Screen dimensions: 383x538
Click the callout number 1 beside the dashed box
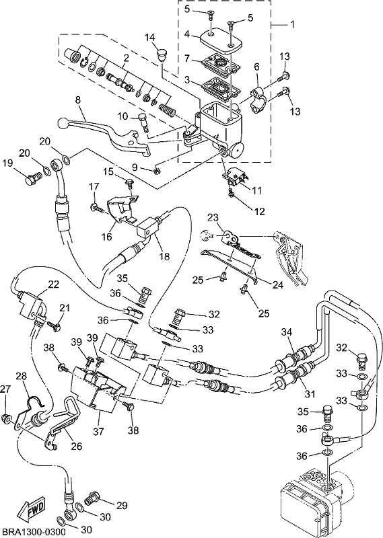click(x=292, y=25)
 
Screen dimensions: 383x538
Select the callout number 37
click(x=99, y=430)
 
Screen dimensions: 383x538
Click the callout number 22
click(x=53, y=284)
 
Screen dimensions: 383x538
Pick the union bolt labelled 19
click(x=34, y=178)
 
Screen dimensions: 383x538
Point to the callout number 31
click(x=310, y=394)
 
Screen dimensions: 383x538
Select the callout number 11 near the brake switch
click(x=257, y=190)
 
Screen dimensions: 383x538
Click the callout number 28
click(x=22, y=377)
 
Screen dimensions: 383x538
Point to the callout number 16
click(x=107, y=237)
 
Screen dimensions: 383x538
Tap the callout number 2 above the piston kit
click(x=126, y=59)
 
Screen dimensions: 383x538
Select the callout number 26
click(x=76, y=446)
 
